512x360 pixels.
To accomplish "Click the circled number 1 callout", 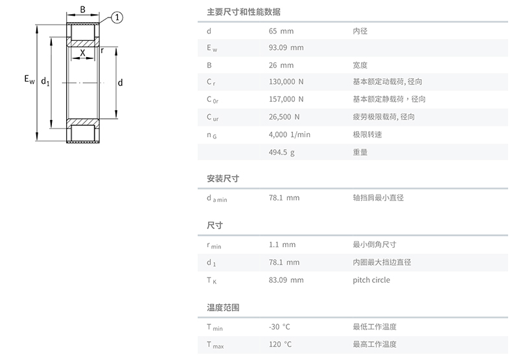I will pyautogui.click(x=116, y=18).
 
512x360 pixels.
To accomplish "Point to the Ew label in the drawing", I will pyautogui.click(x=29, y=80).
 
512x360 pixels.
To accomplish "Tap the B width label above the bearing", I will pyautogui.click(x=82, y=10).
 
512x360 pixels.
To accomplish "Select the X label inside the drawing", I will pyautogui.click(x=82, y=53).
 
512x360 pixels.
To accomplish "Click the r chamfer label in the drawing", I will pyautogui.click(x=102, y=50).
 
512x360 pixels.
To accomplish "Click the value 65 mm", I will pyautogui.click(x=281, y=31).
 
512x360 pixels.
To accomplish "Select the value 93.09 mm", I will pyautogui.click(x=286, y=48).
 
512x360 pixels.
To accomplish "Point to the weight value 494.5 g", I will pyautogui.click(x=281, y=152).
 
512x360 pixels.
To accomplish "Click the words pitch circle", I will pyautogui.click(x=371, y=280).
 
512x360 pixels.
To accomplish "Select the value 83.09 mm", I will pyautogui.click(x=286, y=280).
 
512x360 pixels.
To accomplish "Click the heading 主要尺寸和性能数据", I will pyautogui.click(x=244, y=12).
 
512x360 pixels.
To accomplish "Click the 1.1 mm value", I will pyautogui.click(x=282, y=245).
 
